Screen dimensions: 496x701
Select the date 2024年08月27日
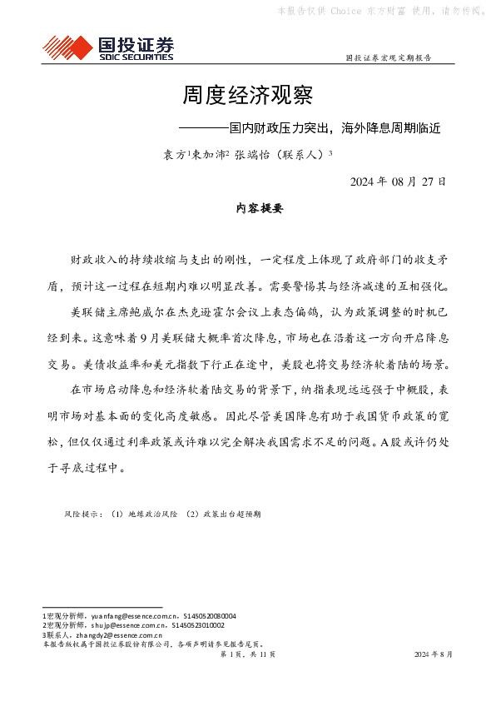(398, 181)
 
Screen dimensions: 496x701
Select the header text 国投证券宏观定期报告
(388, 58)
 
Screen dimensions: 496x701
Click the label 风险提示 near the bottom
(80, 515)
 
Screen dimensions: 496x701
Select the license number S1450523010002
(197, 624)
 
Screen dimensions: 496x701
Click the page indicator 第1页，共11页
(247, 654)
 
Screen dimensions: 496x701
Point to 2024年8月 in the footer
(434, 654)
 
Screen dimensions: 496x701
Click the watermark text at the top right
(379, 11)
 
